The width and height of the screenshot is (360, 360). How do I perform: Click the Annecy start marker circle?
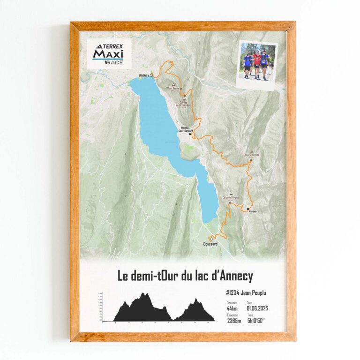click(x=151, y=75)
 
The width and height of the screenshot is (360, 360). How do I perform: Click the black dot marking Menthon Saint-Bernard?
click(x=190, y=134)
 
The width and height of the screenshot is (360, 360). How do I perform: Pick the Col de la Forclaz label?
click(x=231, y=198)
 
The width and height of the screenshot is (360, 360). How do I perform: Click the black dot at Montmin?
click(x=248, y=209)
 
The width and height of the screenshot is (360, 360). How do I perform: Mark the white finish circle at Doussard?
click(x=212, y=239)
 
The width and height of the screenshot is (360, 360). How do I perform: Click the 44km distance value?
click(x=232, y=308)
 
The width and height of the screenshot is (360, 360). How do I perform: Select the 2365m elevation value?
click(x=234, y=321)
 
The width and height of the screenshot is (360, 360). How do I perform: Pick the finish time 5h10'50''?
click(x=256, y=321)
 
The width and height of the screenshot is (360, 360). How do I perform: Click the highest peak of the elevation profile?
click(x=145, y=294)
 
